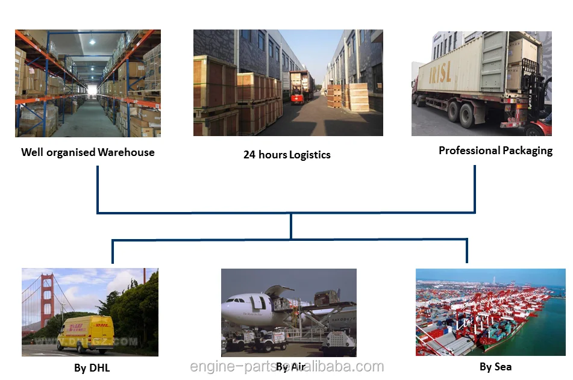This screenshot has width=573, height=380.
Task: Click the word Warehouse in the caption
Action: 126,152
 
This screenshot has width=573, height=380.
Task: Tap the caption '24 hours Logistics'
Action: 287,155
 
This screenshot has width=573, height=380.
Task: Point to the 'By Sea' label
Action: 496,366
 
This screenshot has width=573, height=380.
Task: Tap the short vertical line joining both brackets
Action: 291,226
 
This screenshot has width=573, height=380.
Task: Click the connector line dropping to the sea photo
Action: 466,251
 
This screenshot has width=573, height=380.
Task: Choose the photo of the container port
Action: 490,312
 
